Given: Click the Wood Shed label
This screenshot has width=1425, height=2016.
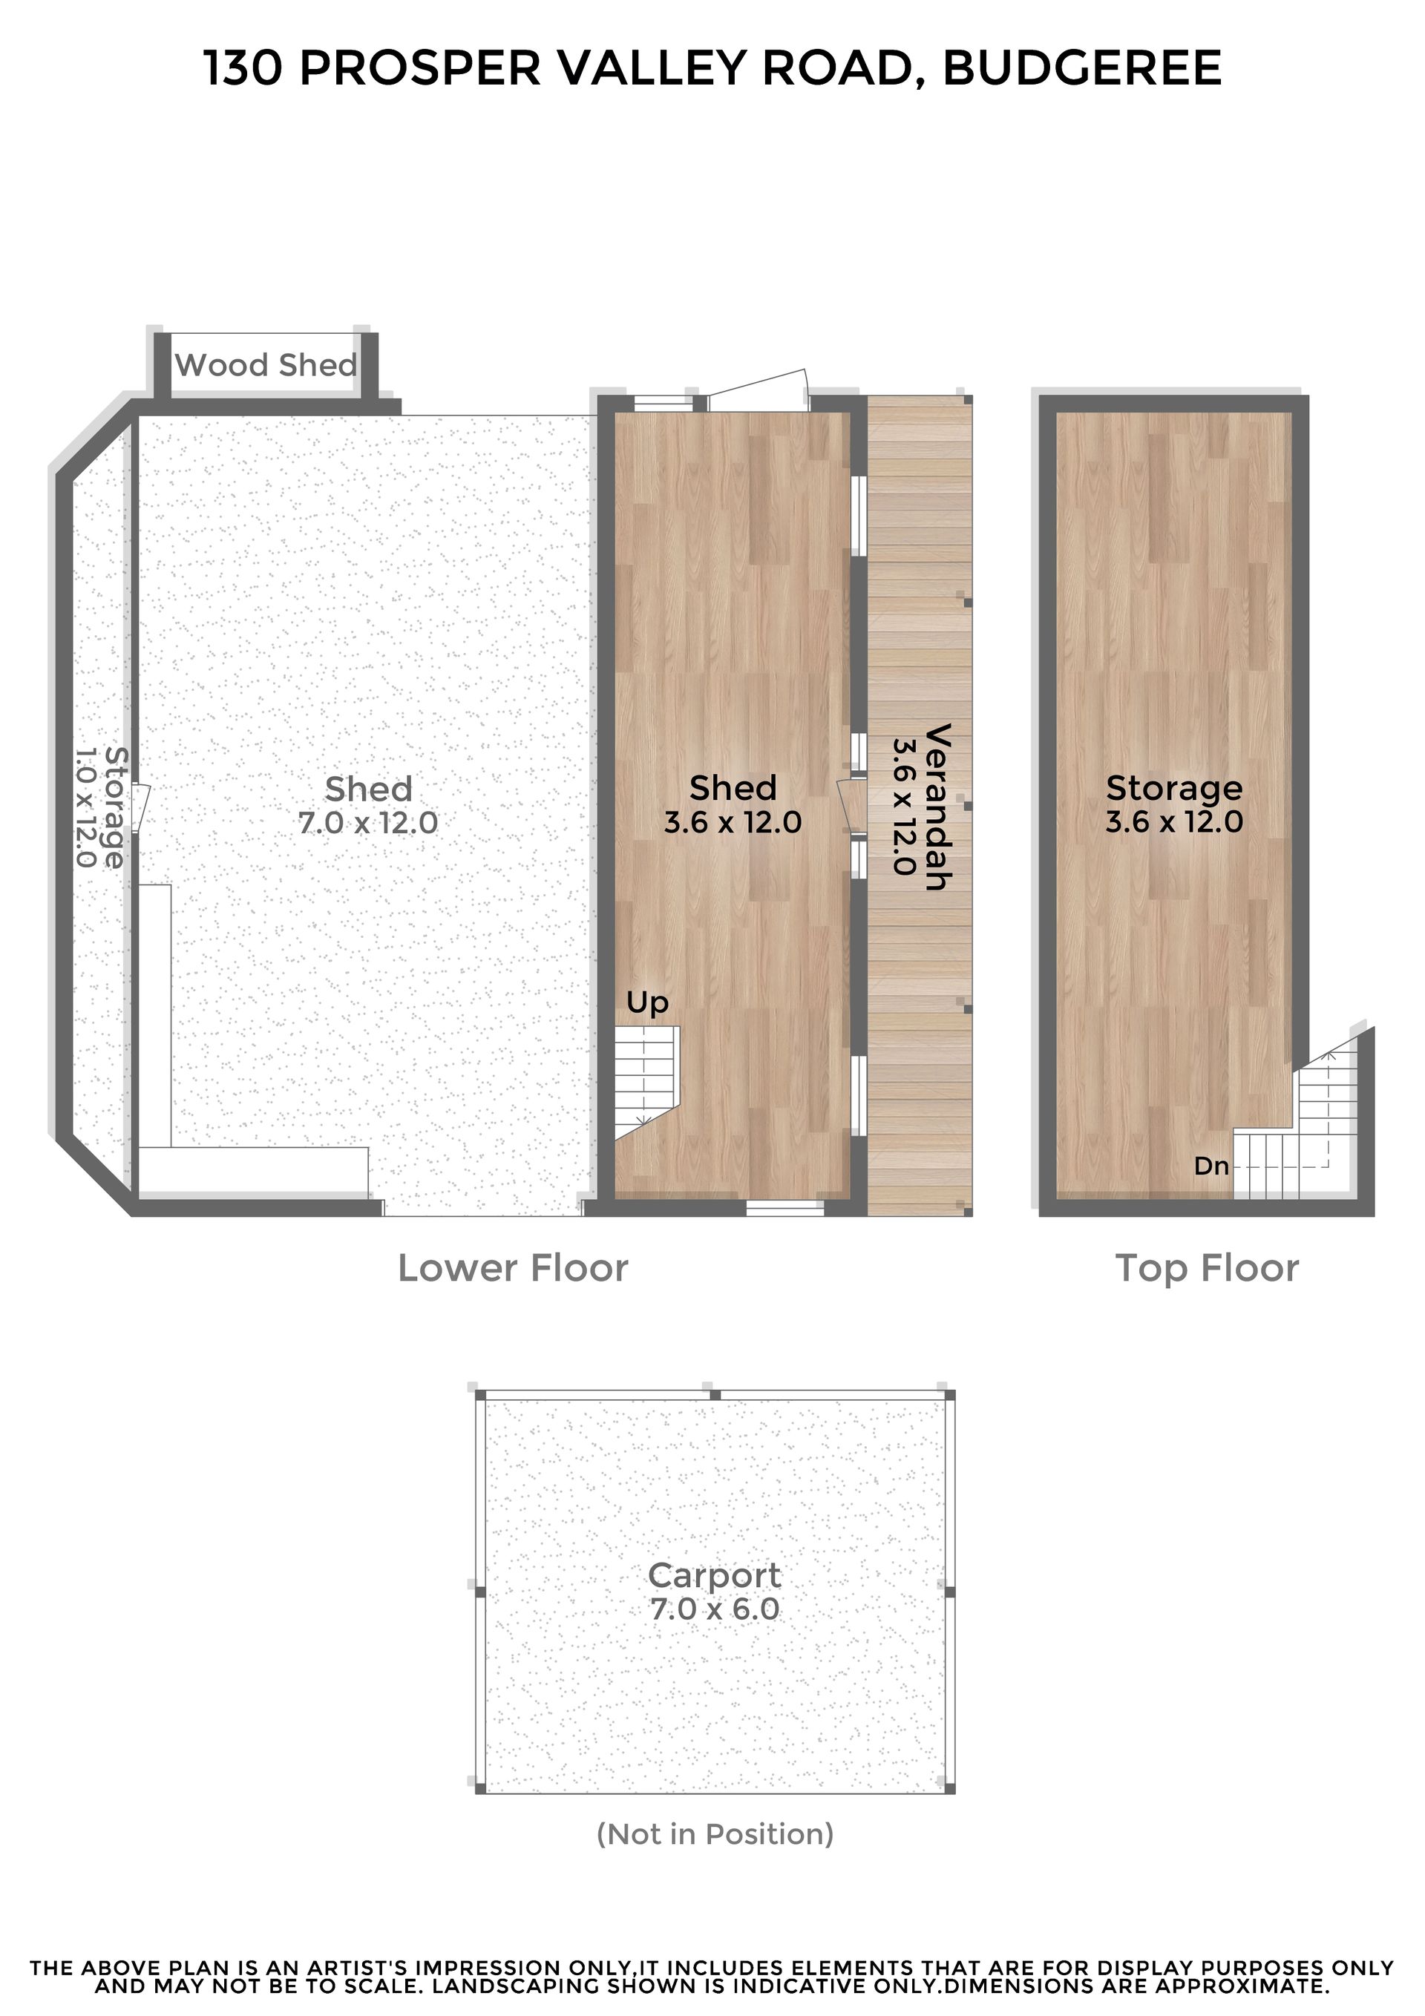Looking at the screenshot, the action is tap(266, 364).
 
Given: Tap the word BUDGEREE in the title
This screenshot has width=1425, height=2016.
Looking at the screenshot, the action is tap(1081, 68).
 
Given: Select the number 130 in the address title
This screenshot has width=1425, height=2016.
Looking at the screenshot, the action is tap(243, 68).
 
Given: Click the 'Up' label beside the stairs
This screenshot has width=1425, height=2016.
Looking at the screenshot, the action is tap(647, 1002).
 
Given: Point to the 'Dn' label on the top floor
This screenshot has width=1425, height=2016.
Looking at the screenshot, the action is tap(1211, 1166).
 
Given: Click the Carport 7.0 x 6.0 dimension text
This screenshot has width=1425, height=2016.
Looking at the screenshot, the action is tap(715, 1609).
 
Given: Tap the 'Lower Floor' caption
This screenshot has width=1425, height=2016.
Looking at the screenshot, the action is tap(513, 1269).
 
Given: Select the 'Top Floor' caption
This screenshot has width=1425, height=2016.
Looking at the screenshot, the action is tap(1207, 1270).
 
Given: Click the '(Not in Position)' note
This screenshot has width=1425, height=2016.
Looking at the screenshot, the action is tap(715, 1834).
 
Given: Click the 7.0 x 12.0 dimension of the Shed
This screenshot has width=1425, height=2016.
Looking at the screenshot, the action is tap(368, 823).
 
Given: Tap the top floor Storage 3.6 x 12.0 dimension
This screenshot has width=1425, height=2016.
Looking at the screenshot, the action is tap(1175, 822).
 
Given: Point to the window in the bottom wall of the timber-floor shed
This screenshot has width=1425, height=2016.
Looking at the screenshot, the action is tap(785, 1208).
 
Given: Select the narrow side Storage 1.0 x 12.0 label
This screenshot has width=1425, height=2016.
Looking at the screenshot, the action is tap(101, 808).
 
